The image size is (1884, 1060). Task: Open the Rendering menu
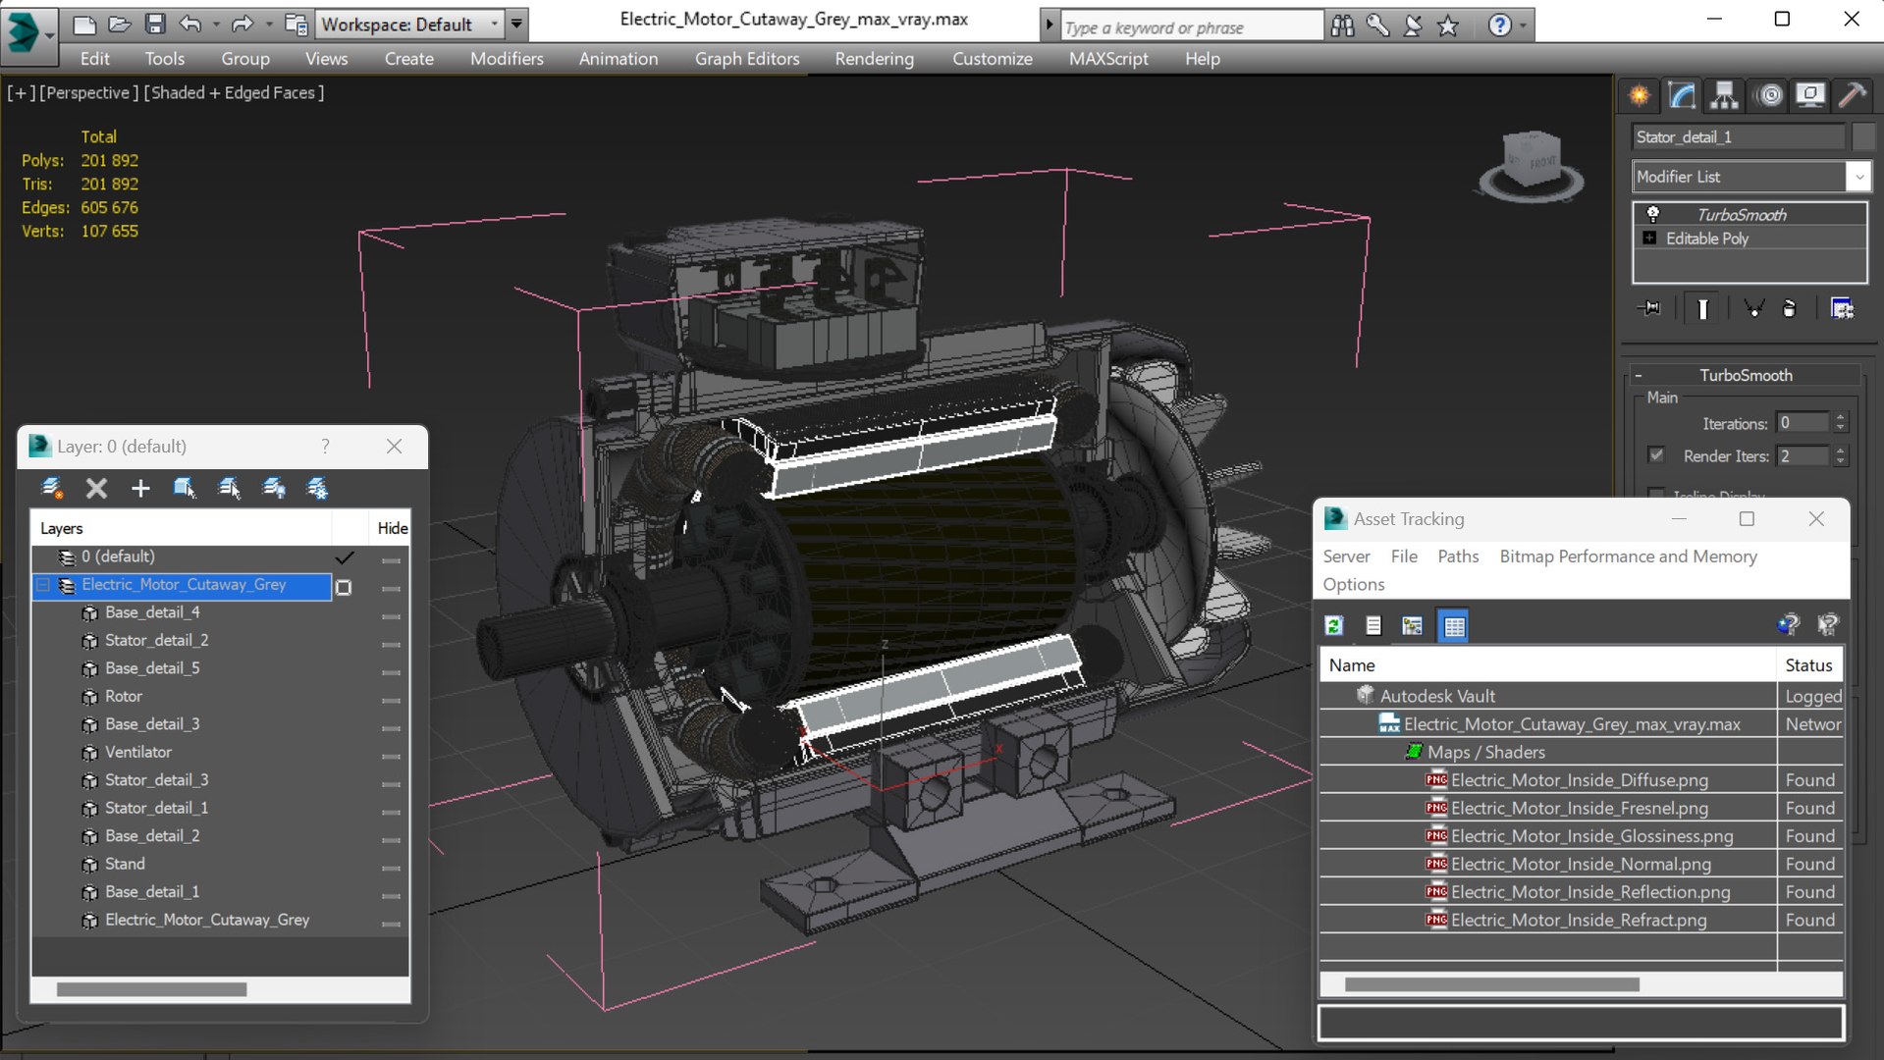click(874, 59)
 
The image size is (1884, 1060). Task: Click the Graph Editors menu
click(746, 59)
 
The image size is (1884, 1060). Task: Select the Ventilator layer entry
click(137, 752)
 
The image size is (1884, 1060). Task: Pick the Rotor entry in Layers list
click(123, 696)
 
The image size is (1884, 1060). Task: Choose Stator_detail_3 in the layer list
click(156, 779)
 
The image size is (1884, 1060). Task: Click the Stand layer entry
click(125, 864)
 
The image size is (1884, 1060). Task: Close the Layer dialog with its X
click(394, 447)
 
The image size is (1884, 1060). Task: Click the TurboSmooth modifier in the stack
click(1741, 215)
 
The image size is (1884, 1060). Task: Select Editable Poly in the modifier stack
click(1706, 238)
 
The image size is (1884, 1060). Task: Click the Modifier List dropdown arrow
click(1857, 177)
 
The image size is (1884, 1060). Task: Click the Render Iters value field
click(1803, 456)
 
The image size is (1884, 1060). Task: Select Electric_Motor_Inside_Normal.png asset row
click(1580, 864)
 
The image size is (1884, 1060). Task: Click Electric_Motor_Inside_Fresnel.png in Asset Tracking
click(1579, 808)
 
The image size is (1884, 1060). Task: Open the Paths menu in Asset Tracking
click(1457, 556)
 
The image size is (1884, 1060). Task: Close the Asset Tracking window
click(1815, 519)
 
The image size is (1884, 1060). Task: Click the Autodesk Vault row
click(1437, 696)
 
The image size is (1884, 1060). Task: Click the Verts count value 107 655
click(109, 232)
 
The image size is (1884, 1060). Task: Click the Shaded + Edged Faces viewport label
click(234, 93)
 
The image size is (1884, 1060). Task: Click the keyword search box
click(1190, 27)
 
